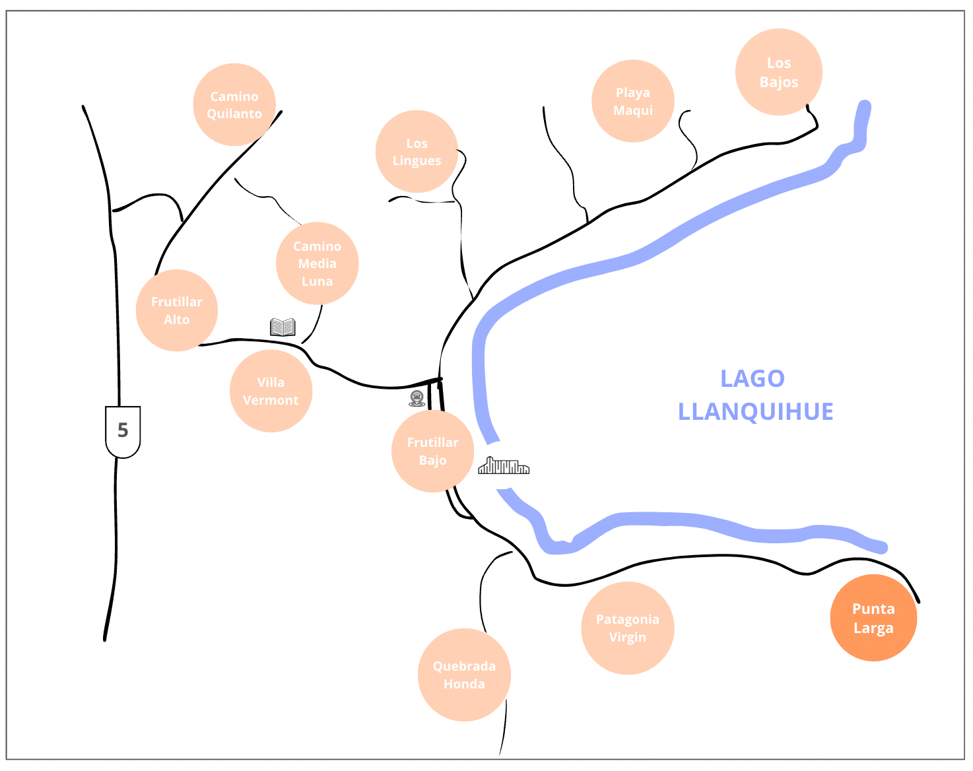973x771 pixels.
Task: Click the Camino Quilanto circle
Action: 234,105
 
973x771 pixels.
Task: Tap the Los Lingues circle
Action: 417,152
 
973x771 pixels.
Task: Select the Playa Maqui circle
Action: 633,101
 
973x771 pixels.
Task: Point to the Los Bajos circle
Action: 779,72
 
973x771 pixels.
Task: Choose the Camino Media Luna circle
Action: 318,263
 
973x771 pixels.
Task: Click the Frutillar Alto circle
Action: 177,310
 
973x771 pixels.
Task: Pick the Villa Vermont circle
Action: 271,391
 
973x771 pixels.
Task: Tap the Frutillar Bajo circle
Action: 432,451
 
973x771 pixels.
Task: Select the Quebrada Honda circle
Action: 464,675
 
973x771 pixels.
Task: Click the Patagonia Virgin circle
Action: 628,628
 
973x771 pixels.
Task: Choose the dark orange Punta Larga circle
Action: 873,618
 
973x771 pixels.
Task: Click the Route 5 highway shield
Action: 123,431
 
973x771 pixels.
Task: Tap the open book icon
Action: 283,327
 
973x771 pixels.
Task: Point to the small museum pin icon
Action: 417,398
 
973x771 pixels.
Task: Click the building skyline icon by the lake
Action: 504,466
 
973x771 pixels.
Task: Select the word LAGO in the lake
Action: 753,378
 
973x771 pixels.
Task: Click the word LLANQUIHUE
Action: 756,411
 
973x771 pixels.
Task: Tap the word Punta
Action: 873,609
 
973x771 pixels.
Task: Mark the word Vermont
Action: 271,400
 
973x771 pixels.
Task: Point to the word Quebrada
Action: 464,666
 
